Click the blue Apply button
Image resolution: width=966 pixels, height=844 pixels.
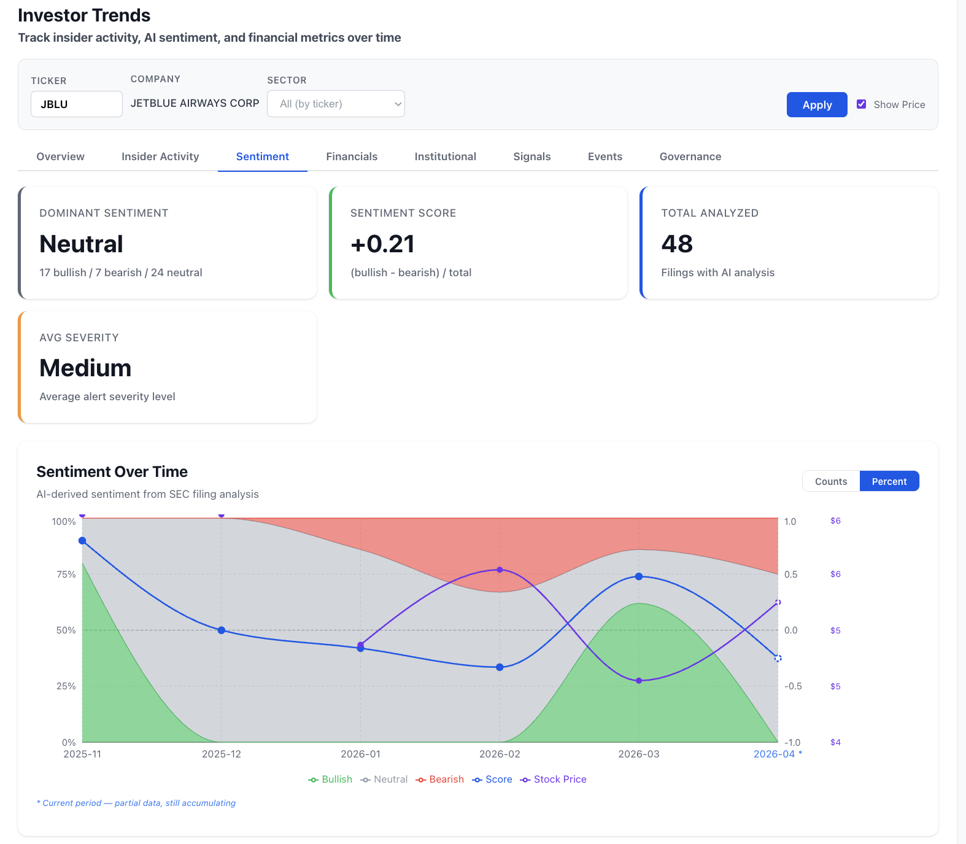pyautogui.click(x=816, y=104)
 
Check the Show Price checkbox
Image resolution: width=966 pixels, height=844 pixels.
pyautogui.click(x=861, y=104)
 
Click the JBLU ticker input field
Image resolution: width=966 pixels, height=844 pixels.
pyautogui.click(x=76, y=104)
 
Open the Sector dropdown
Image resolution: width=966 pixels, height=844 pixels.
pyautogui.click(x=336, y=104)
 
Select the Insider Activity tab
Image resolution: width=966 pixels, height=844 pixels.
pyautogui.click(x=160, y=157)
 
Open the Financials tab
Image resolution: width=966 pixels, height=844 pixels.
pyautogui.click(x=352, y=157)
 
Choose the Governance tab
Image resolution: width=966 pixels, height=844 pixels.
pyautogui.click(x=690, y=157)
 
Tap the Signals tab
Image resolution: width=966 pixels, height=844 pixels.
pyautogui.click(x=531, y=157)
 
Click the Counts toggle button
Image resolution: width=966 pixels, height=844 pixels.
pyautogui.click(x=830, y=481)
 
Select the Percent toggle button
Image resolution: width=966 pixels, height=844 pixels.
pyautogui.click(x=889, y=481)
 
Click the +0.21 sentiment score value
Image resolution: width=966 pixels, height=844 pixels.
pyautogui.click(x=382, y=244)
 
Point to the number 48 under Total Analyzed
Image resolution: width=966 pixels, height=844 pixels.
pyautogui.click(x=677, y=244)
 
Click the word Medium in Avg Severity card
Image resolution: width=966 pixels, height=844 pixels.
pyautogui.click(x=85, y=368)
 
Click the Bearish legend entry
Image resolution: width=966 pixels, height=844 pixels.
pyautogui.click(x=440, y=779)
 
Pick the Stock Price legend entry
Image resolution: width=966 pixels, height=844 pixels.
pyautogui.click(x=554, y=779)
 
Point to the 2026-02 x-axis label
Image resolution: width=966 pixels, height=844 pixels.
pyautogui.click(x=500, y=754)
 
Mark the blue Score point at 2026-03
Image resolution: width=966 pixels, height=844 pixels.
pyautogui.click(x=639, y=576)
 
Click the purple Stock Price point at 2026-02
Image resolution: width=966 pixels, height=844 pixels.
pyautogui.click(x=500, y=570)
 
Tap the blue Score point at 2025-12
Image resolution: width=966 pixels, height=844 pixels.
pyautogui.click(x=222, y=630)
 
